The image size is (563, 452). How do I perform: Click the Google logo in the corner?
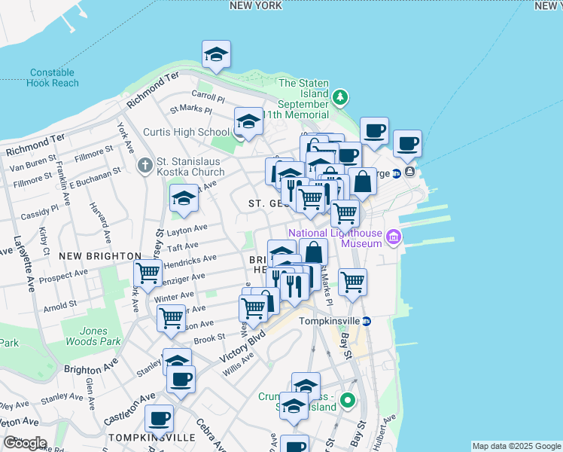point(24,443)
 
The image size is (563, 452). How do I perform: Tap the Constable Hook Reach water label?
point(52,78)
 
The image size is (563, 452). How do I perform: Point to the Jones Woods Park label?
point(100,336)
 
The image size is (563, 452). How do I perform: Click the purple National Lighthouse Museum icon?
point(391,239)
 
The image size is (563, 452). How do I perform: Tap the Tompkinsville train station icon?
point(367,321)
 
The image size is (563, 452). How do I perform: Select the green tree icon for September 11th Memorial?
point(340,96)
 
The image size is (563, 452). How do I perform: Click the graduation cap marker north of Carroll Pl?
point(216,54)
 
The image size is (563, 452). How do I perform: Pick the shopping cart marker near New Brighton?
point(148,272)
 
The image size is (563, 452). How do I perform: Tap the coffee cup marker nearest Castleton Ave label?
point(159,417)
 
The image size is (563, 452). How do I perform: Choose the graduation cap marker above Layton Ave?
point(183,199)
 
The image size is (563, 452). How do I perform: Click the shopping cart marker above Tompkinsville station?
point(351,283)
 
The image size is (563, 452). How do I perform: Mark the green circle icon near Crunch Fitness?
point(347,401)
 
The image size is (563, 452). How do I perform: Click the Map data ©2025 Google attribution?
point(515,446)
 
